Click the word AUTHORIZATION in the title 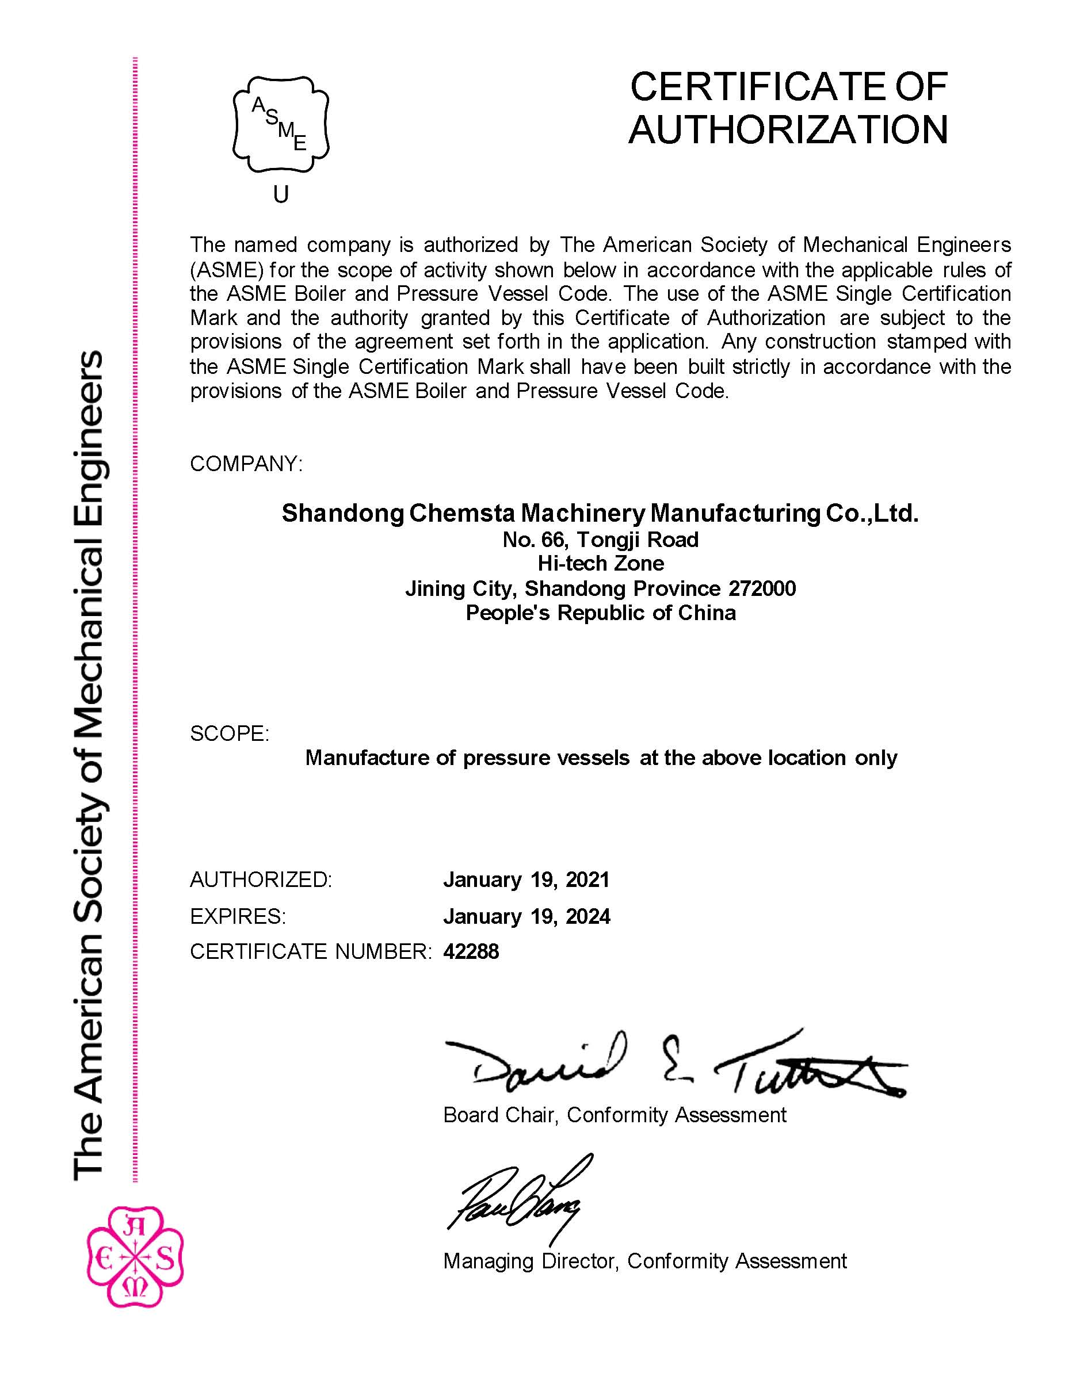point(788,129)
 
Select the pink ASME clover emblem point(135,1256)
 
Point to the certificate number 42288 point(471,951)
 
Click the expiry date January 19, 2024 point(526,916)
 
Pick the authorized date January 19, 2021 point(526,879)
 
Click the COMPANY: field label point(246,464)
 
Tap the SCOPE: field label point(230,733)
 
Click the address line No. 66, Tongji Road point(601,540)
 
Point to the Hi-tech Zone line point(601,564)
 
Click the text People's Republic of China point(601,613)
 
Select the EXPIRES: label point(238,916)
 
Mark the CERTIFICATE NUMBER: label point(311,951)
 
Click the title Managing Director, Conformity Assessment point(645,1261)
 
